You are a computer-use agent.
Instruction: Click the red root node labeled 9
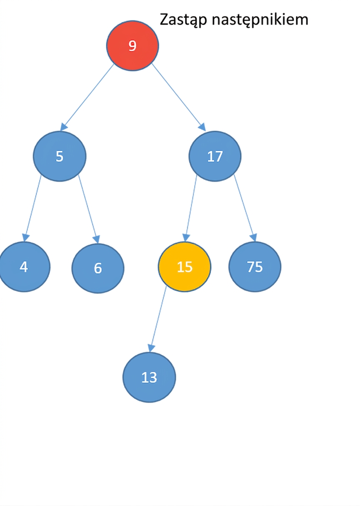click(132, 45)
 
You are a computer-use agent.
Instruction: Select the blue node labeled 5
click(60, 156)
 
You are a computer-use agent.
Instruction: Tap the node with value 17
click(215, 156)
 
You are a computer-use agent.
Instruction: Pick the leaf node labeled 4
click(24, 267)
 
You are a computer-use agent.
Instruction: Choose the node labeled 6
click(98, 268)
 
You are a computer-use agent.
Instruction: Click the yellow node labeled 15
click(185, 267)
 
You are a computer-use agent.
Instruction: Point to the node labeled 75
click(255, 267)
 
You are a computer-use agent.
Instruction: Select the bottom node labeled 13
click(149, 377)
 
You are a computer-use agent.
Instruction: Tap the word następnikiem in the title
click(260, 20)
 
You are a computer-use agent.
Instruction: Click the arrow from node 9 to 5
click(87, 98)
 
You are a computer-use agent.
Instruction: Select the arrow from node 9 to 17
click(179, 98)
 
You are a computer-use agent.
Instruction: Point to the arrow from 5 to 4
click(32, 208)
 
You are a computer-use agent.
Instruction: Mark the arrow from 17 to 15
click(191, 208)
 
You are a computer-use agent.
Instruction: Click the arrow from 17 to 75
click(245, 208)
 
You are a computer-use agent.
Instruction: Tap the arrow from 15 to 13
click(158, 319)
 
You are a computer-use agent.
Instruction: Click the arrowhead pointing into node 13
click(151, 348)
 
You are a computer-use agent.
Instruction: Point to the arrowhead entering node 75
click(254, 238)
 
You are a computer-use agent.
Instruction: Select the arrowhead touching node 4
click(25, 238)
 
